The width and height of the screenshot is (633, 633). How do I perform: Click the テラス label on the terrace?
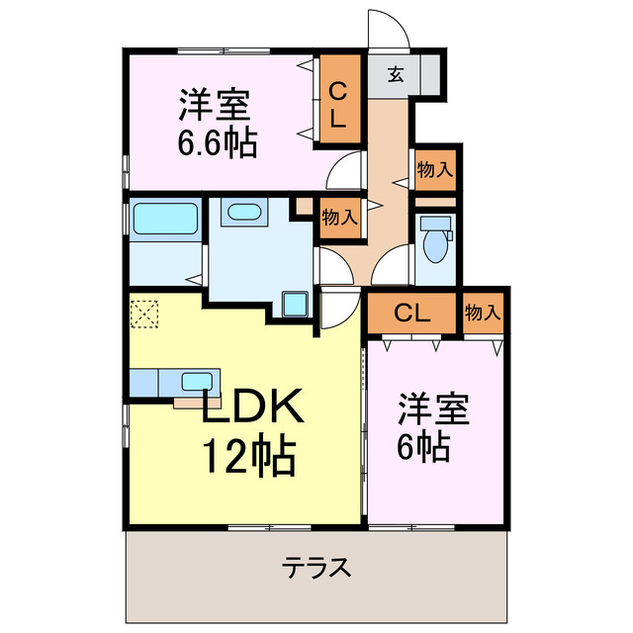coord(316,569)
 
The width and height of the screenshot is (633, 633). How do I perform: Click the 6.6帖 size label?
coord(217,142)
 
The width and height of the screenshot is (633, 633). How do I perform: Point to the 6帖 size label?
coord(425,447)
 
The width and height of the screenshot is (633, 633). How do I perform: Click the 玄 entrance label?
coord(395,74)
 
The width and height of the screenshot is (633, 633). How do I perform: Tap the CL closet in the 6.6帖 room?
coord(337,103)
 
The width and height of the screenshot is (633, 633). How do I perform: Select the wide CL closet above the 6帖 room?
coord(414,314)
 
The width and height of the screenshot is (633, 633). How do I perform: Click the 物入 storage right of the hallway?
coord(434,170)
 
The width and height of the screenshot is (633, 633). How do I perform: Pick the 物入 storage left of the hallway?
coord(339,217)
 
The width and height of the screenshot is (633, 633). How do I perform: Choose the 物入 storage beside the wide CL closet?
coord(483,314)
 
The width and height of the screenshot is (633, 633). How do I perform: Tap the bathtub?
coord(162,219)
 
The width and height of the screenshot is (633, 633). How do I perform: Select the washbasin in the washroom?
coord(242,213)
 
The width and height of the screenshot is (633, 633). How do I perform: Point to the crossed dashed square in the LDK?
coord(143,314)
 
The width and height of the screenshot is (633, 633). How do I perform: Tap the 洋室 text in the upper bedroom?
coord(217,104)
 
